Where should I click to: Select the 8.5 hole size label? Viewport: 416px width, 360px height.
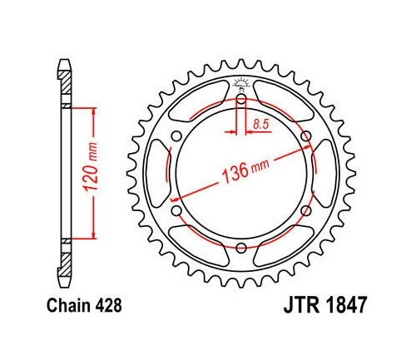tap(258, 125)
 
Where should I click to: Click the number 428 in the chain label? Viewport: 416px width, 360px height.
tap(109, 305)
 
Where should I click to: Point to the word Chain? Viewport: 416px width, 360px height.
tap(74, 305)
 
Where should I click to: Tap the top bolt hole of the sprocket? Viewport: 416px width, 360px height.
tap(240, 99)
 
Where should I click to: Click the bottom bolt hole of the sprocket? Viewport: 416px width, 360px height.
tap(240, 249)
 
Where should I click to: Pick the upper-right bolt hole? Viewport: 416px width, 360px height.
tap(305, 136)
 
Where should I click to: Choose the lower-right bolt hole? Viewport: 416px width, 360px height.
tap(305, 211)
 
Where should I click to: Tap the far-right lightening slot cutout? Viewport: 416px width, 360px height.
tap(324, 174)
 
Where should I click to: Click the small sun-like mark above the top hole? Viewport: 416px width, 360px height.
tap(240, 82)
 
